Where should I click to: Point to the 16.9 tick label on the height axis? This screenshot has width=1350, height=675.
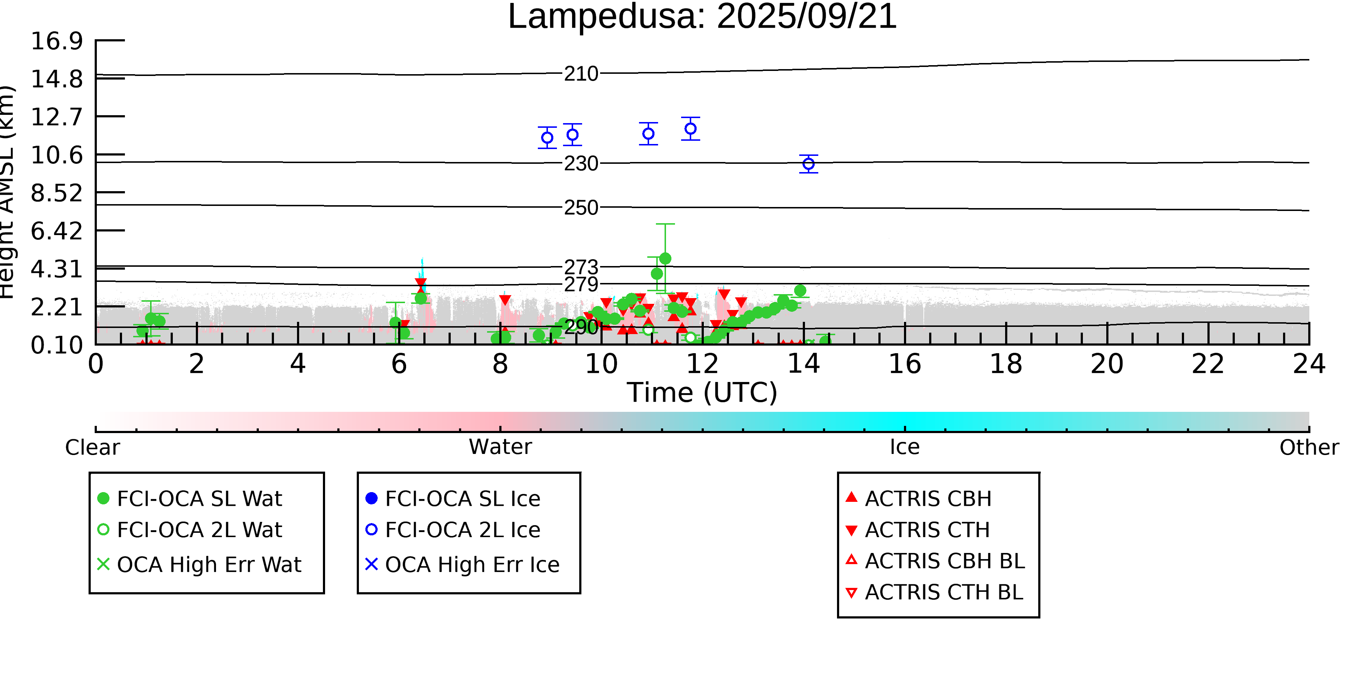pos(57,41)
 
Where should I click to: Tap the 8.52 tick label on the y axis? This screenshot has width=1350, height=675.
pos(57,193)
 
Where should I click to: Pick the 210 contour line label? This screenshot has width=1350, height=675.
pos(581,74)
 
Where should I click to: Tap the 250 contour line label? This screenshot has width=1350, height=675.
pos(581,208)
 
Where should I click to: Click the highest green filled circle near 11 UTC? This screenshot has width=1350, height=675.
pos(665,258)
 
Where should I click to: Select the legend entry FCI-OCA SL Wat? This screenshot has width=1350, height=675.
pos(199,498)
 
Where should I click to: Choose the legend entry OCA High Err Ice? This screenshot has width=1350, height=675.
pos(472,564)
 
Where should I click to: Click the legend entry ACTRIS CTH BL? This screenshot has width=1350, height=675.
pos(943,592)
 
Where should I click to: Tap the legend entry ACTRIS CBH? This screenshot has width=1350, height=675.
pos(928,498)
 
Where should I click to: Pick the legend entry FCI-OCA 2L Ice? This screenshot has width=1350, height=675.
pos(462,530)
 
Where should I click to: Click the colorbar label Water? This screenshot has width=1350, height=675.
pos(500,447)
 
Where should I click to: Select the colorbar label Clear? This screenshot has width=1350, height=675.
pos(92,447)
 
